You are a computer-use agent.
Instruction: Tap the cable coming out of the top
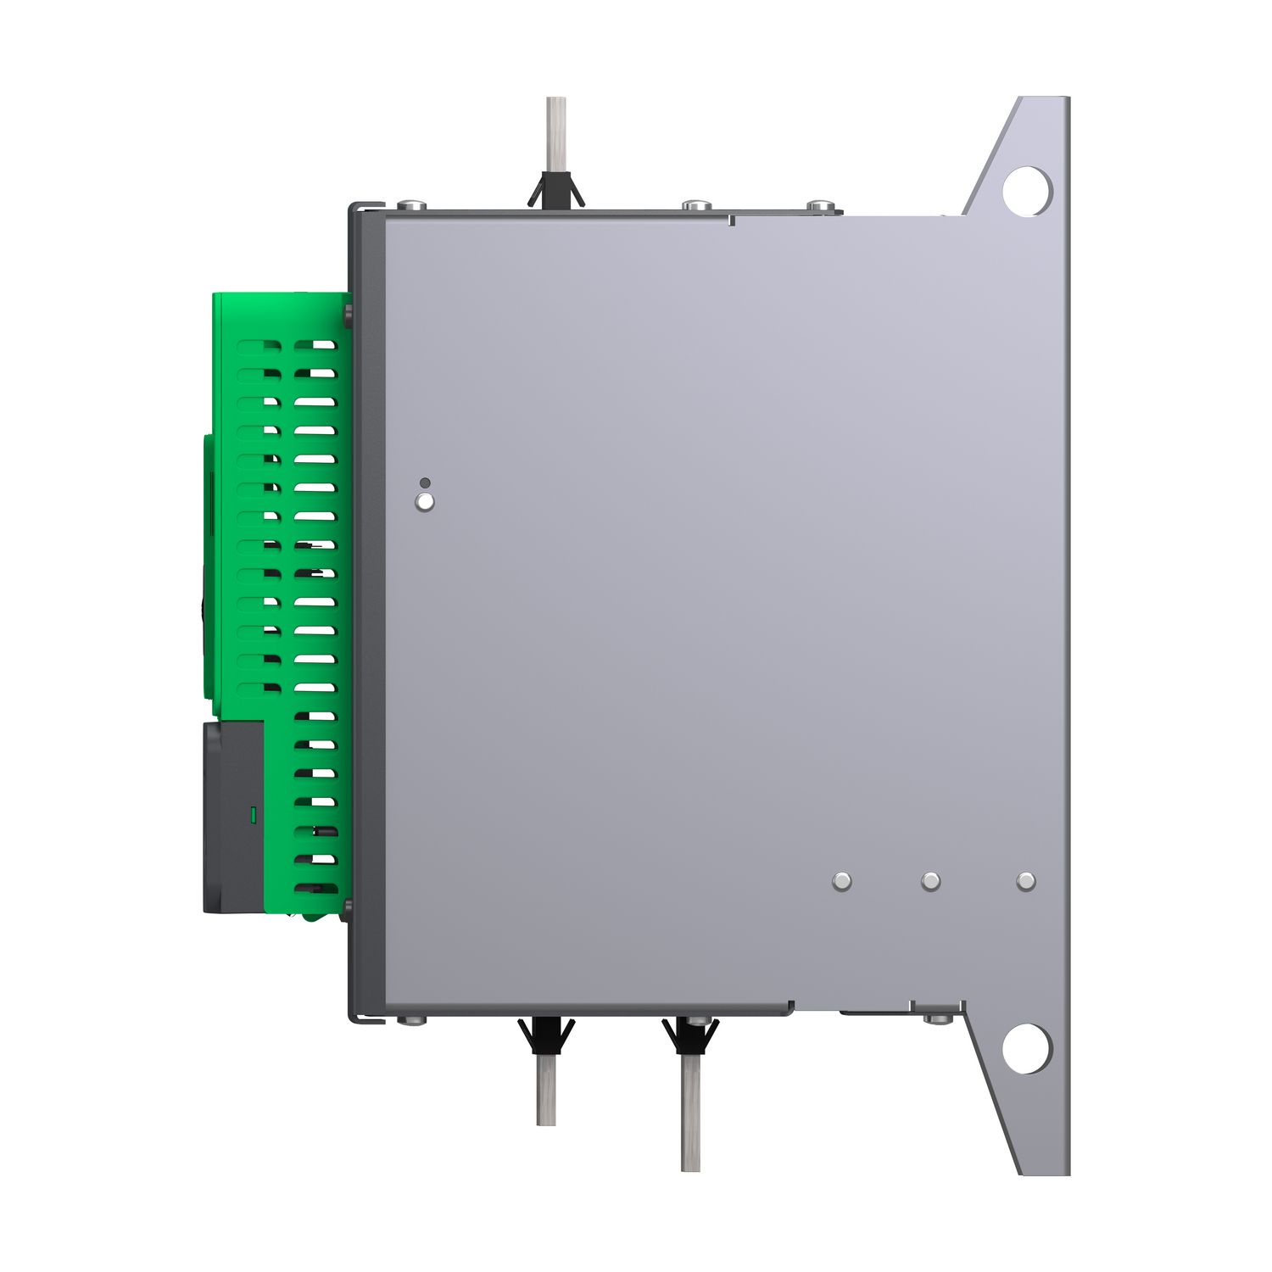[555, 136]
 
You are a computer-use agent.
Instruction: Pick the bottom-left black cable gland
[545, 1035]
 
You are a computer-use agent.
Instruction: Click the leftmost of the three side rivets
[841, 881]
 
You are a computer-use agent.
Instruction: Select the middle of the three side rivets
[930, 881]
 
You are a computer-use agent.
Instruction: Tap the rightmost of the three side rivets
[1025, 881]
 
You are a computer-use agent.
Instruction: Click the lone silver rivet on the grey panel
[425, 502]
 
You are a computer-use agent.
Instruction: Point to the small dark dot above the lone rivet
[425, 483]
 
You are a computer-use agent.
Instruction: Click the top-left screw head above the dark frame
[411, 204]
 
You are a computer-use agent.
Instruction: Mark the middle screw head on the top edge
[695, 204]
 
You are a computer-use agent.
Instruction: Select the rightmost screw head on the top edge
[820, 204]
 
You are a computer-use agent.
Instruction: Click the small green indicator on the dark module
[252, 816]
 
